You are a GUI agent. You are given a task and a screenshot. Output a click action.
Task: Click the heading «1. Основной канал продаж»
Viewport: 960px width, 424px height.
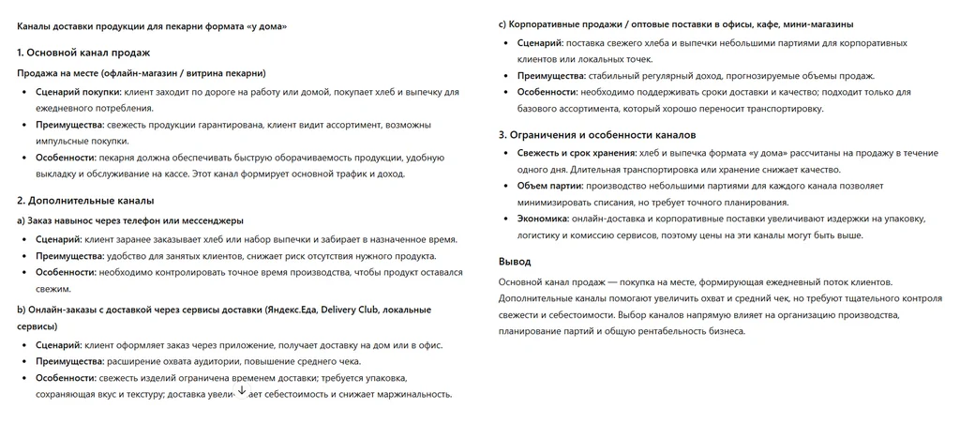83,53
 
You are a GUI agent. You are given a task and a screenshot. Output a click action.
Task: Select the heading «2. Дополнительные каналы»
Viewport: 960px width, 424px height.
85,200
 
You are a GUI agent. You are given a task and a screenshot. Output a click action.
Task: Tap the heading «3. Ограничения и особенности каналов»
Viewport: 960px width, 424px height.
596,133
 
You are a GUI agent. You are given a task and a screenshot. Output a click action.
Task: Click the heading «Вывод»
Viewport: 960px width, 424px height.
515,261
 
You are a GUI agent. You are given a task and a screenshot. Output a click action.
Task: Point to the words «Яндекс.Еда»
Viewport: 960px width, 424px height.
292,309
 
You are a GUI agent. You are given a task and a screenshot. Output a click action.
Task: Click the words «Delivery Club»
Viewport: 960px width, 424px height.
352,309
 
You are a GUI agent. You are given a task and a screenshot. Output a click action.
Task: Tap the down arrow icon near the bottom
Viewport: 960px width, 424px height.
242,390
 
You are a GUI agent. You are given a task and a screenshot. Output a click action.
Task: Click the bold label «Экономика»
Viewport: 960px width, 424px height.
542,219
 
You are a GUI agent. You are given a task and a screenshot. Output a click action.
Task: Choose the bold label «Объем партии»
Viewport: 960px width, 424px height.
549,186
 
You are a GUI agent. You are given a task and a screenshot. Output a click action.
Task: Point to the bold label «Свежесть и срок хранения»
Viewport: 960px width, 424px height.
576,153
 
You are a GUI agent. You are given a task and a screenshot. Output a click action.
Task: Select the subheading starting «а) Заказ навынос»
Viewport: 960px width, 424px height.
130,220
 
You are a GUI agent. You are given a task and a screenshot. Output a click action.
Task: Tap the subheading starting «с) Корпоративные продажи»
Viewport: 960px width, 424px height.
675,23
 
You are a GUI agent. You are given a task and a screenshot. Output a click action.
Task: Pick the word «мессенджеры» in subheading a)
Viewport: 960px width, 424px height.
213,220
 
